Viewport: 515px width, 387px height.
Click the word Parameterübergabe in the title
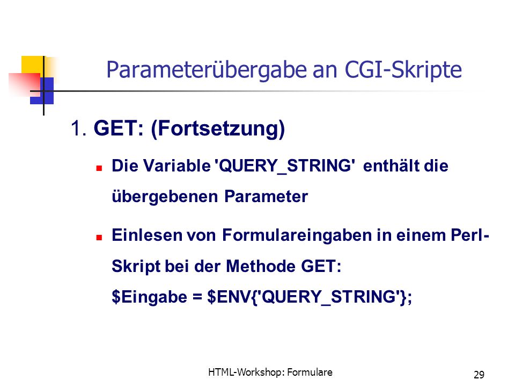(207, 70)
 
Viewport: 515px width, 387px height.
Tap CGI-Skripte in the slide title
(403, 70)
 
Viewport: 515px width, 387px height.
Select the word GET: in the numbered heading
(119, 128)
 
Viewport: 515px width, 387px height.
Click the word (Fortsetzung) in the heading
(218, 128)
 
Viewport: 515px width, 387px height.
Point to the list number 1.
(79, 128)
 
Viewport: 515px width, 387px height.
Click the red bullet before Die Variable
(99, 168)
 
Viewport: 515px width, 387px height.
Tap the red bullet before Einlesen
(99, 237)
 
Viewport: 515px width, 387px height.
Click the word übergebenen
(165, 197)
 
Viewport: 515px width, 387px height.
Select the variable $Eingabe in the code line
(150, 297)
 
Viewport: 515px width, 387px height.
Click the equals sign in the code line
(197, 297)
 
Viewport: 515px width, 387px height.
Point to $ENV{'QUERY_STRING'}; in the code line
(310, 297)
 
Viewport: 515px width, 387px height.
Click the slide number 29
(479, 375)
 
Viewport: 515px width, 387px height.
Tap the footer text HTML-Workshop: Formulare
(270, 372)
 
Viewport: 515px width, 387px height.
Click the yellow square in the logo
(33, 65)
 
